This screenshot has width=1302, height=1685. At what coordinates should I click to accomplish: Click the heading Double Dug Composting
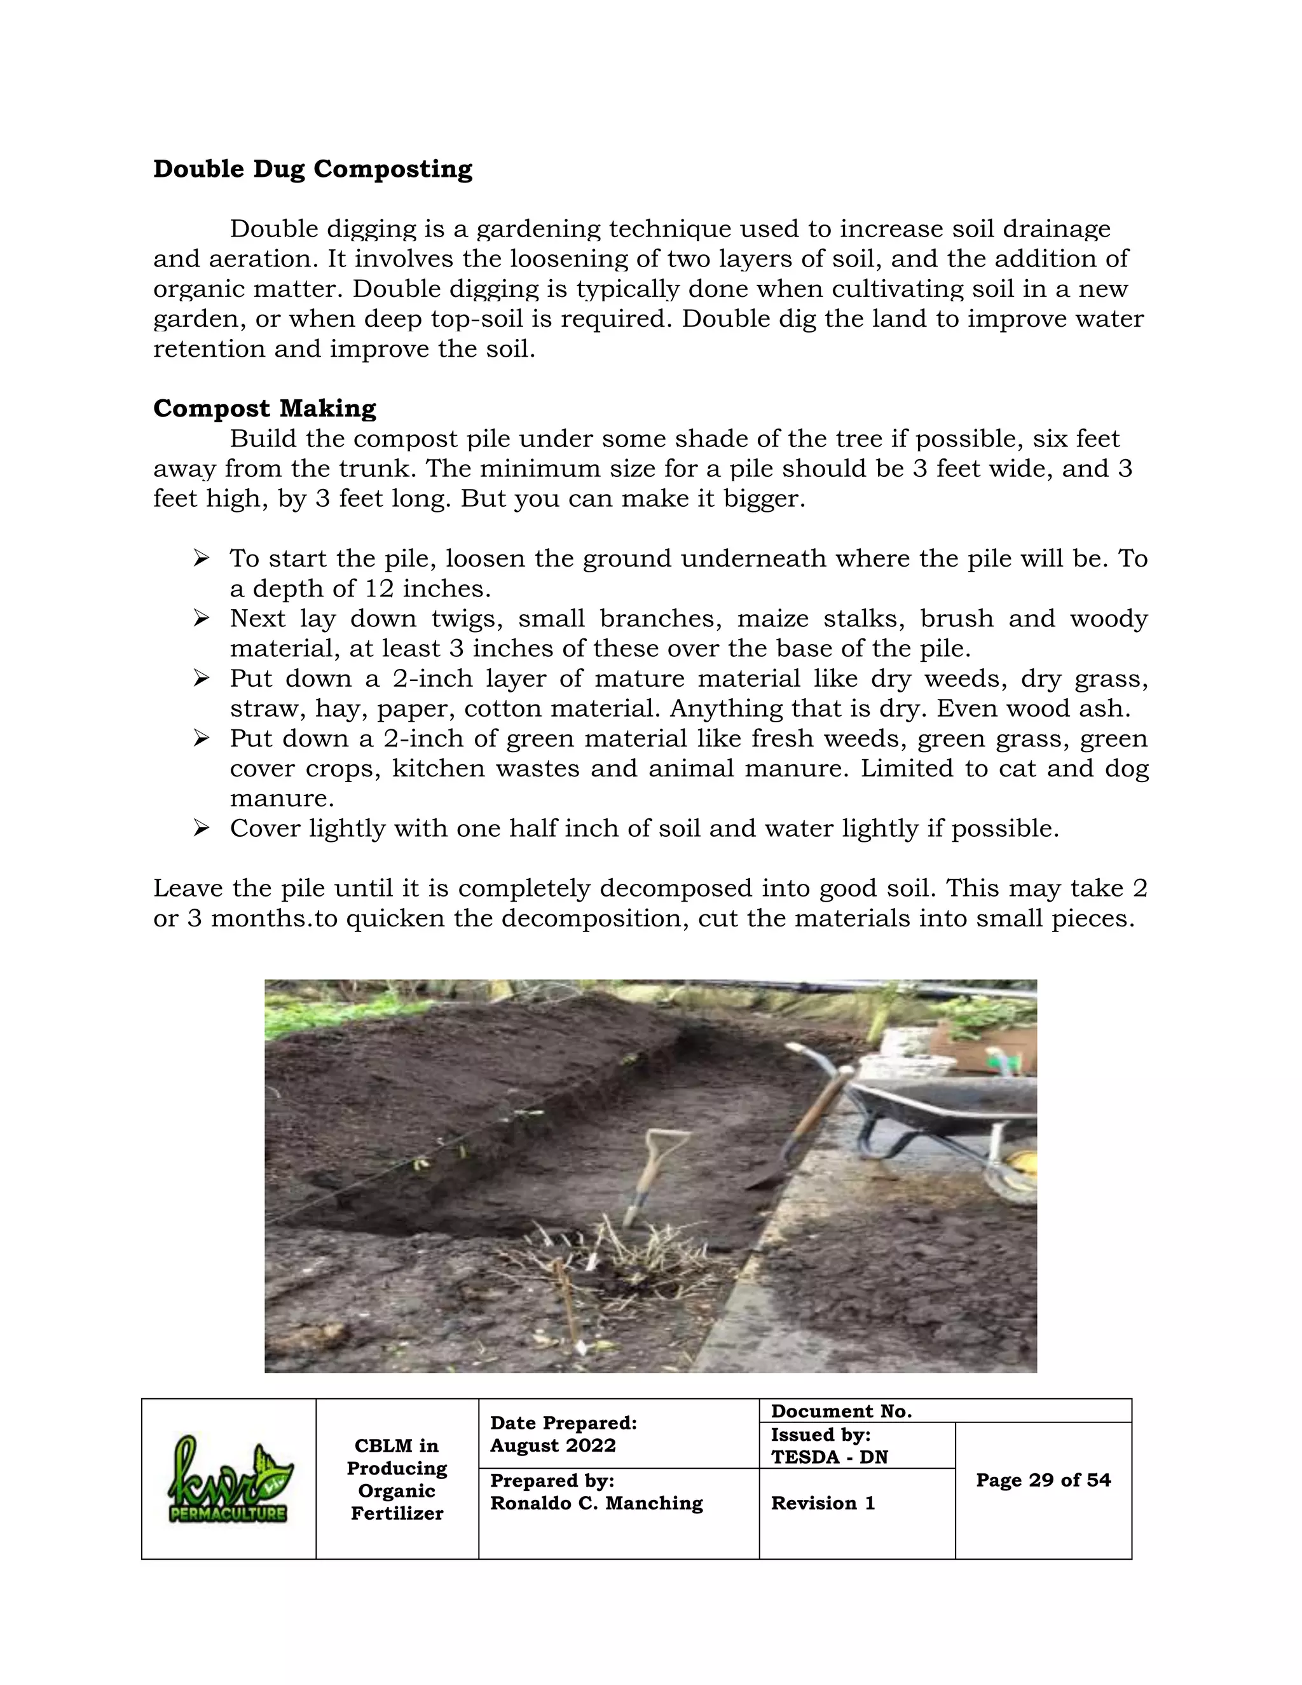312,169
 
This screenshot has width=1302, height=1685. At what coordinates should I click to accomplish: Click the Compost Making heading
264,408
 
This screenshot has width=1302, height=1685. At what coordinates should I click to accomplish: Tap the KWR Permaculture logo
228,1480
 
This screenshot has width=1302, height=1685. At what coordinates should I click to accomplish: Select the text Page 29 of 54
1043,1480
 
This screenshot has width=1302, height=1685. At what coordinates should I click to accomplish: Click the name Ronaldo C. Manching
596,1503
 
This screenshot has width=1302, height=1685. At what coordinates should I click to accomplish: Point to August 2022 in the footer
552,1445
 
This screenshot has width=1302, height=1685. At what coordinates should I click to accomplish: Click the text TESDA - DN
829,1457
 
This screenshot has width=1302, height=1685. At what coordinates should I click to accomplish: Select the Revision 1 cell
823,1503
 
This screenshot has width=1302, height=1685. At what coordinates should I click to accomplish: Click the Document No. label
840,1411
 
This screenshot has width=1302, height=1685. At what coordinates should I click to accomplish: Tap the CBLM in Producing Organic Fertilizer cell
397,1479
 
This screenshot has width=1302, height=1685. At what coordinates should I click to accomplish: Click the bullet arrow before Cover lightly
202,829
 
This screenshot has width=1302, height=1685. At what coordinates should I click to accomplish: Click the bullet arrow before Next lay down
202,619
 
